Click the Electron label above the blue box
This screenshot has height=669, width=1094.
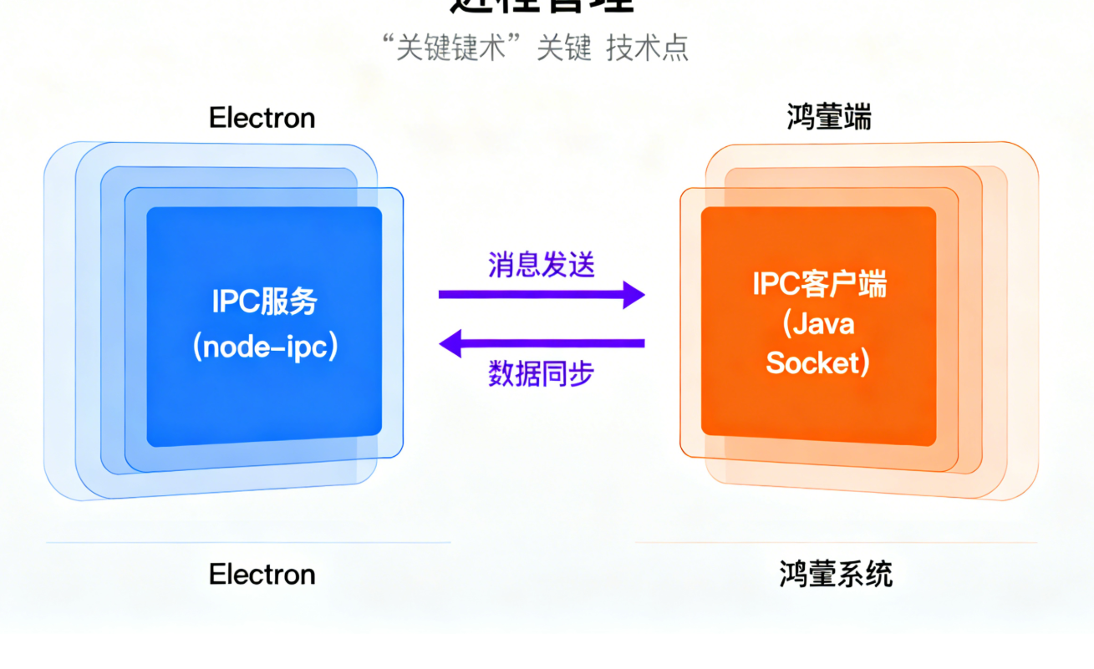(262, 118)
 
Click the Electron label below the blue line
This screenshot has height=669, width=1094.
(262, 575)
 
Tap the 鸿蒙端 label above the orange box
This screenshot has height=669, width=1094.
(829, 117)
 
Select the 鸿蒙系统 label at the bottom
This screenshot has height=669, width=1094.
(836, 575)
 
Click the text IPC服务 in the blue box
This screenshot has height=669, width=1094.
(264, 301)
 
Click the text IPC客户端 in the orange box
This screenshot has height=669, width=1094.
(819, 285)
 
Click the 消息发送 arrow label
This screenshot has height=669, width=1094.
(542, 265)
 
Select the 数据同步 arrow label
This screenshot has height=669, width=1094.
(542, 373)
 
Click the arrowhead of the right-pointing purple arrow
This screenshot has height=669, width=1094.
(635, 295)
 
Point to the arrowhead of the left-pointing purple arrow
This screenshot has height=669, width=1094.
(450, 342)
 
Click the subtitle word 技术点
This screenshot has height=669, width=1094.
(648, 48)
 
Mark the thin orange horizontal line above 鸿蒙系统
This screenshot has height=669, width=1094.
(836, 543)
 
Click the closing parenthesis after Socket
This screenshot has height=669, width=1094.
(866, 363)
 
